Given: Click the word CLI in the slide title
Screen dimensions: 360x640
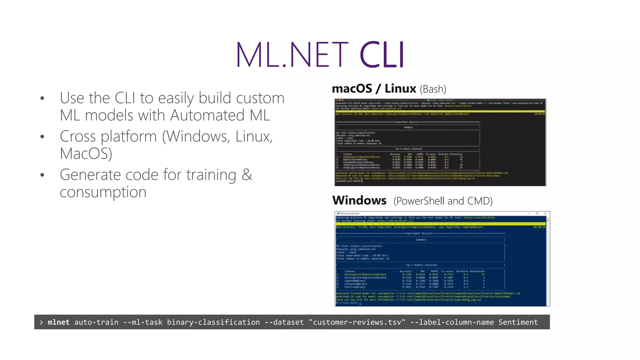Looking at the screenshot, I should (382, 55).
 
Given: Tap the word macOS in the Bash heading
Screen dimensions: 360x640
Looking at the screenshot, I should (352, 89).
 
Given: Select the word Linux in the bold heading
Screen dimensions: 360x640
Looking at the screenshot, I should (400, 89).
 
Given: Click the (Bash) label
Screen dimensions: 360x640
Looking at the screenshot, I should (433, 89).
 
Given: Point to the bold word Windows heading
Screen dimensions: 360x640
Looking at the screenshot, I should (359, 200).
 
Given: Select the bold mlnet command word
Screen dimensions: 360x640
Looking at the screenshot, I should (58, 322).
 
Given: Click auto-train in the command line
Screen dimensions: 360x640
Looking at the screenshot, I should (96, 322).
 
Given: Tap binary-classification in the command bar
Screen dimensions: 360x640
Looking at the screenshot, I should (213, 322).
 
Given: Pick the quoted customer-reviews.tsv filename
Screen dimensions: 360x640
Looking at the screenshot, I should (357, 322).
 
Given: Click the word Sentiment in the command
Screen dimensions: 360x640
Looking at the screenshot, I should (518, 322).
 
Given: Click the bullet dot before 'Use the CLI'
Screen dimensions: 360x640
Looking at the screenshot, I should (42, 98).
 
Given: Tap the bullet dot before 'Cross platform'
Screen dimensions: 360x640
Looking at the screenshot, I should (42, 137).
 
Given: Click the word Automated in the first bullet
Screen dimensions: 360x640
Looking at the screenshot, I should (207, 115).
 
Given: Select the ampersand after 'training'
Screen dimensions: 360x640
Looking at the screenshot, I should (247, 174).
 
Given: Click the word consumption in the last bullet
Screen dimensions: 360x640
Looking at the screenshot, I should (103, 192).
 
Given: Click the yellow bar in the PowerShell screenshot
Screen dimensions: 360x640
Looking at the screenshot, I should (441, 224).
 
